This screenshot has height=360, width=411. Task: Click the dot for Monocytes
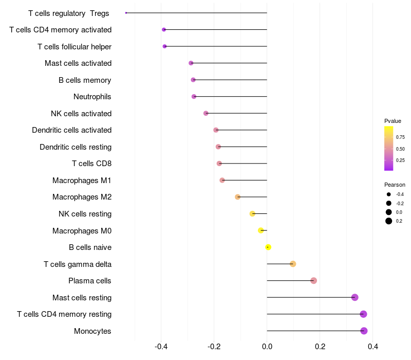click(364, 331)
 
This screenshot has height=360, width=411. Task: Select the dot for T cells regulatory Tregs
click(126, 13)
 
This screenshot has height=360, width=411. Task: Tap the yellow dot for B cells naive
click(268, 247)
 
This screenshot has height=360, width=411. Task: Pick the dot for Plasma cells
click(314, 281)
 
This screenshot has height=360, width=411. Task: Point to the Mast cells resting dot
click(354, 297)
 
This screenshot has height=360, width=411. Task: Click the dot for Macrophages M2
click(238, 197)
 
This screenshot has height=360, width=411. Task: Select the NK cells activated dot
click(206, 113)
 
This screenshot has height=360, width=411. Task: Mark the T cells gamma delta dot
click(293, 264)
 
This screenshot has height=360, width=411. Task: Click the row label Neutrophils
click(92, 97)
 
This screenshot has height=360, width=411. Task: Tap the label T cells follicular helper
click(74, 47)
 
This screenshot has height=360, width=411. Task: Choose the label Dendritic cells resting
click(76, 147)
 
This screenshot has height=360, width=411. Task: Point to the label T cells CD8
click(91, 164)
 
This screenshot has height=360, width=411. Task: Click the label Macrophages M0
click(82, 231)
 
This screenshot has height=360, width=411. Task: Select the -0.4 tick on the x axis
click(161, 347)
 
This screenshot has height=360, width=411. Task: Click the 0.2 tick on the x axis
click(320, 347)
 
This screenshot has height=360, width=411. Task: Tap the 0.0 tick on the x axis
click(267, 347)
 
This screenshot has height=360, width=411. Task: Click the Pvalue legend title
click(393, 121)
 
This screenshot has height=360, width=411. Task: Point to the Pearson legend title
click(395, 185)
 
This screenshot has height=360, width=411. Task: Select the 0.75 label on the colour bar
click(400, 137)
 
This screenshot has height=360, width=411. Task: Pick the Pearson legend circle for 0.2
click(389, 221)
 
